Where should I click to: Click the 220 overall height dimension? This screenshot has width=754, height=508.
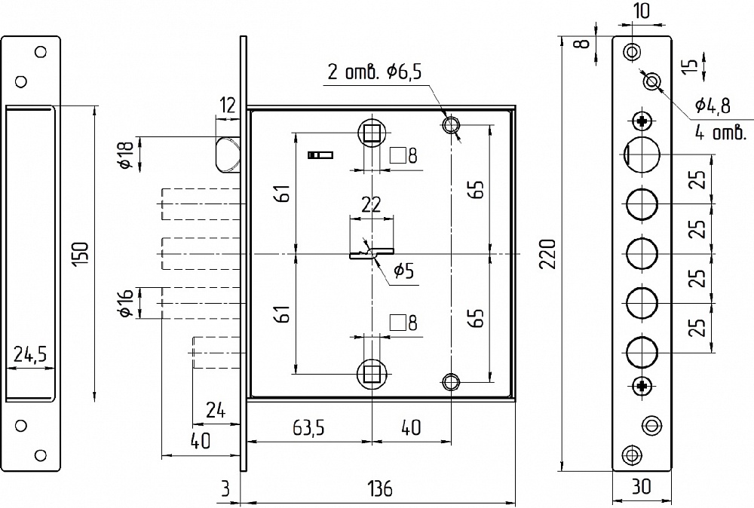(x=547, y=254)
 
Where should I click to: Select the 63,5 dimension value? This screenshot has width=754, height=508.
(x=308, y=427)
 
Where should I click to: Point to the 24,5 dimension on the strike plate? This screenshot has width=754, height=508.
(x=30, y=355)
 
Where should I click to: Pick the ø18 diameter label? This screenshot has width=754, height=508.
(x=126, y=155)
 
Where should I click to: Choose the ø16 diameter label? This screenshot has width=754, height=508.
(x=126, y=303)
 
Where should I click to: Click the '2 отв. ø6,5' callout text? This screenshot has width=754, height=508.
(x=374, y=72)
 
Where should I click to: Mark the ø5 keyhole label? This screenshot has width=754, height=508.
(x=403, y=271)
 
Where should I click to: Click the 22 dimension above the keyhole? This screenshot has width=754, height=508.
(x=371, y=204)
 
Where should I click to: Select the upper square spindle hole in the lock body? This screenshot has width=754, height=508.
(x=372, y=132)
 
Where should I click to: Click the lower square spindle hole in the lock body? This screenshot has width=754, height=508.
(x=372, y=373)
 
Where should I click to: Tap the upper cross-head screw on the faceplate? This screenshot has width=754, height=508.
(x=642, y=121)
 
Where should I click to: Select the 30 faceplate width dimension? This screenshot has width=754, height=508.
(x=642, y=487)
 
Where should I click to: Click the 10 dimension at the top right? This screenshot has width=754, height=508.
(x=642, y=11)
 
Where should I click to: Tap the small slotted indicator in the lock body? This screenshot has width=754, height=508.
(x=320, y=155)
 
